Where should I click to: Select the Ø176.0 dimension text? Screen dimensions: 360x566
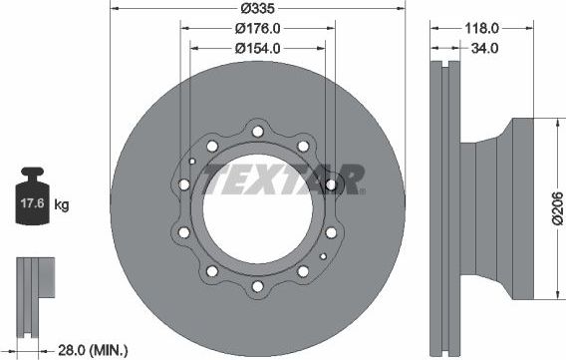257,30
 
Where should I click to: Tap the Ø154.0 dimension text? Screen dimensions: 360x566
257,48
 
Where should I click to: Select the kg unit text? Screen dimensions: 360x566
63,206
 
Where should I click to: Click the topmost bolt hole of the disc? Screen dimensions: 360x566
258,131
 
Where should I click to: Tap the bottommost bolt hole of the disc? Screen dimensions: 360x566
258,287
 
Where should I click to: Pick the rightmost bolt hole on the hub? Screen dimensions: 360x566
331,184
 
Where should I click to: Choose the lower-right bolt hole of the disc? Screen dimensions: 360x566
302,270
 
